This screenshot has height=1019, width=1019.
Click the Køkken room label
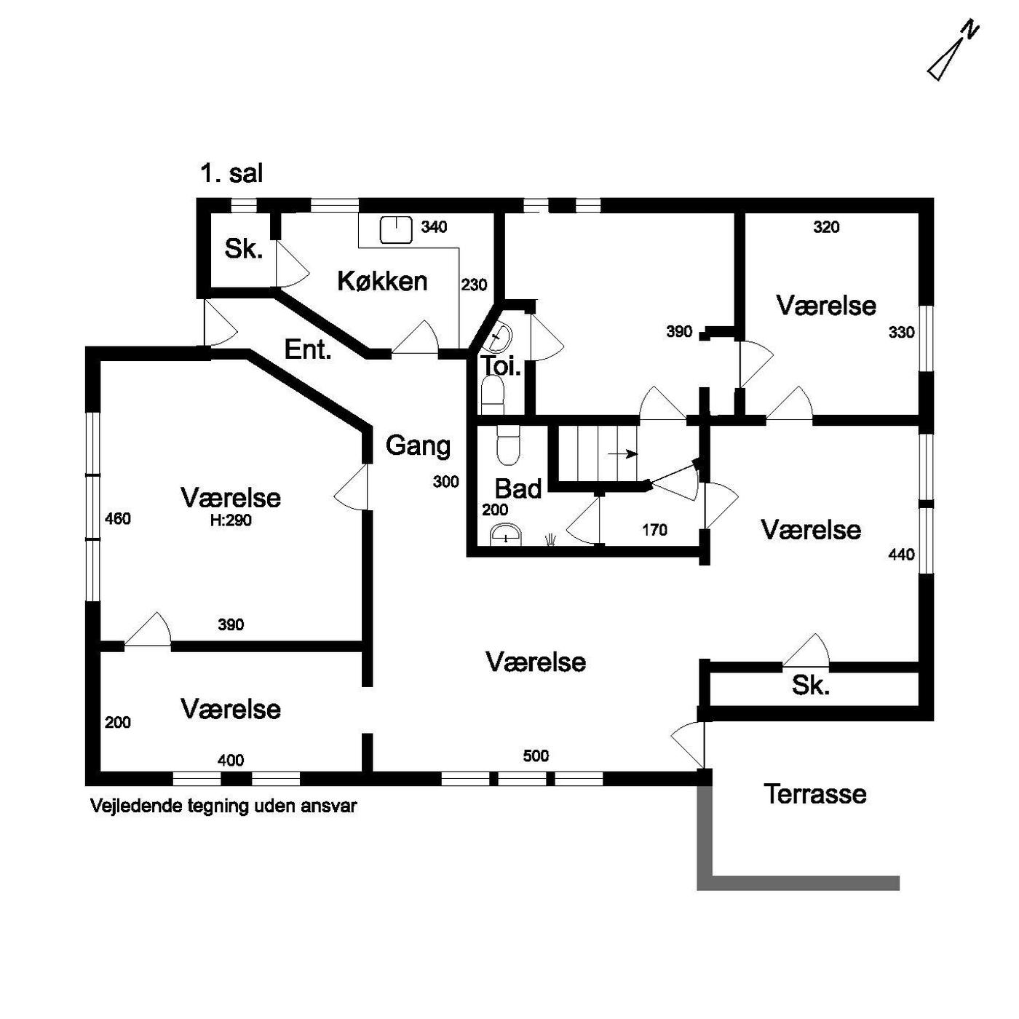tap(382, 281)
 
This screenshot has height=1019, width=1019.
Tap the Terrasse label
tap(815, 793)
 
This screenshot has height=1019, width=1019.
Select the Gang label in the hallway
tap(418, 445)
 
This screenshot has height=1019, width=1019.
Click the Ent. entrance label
tap(308, 350)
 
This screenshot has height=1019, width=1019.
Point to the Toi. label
tap(501, 366)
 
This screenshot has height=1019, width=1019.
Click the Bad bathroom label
tap(518, 488)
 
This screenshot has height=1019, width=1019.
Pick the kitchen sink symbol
tap(396, 229)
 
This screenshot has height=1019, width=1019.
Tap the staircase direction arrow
tap(622, 454)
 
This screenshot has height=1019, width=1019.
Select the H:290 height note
tap(231, 520)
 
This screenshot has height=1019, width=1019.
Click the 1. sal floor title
tap(231, 174)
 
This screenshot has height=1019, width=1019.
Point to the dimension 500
tap(536, 756)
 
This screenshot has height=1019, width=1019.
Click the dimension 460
tap(118, 519)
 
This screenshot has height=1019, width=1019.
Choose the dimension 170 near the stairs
tap(654, 530)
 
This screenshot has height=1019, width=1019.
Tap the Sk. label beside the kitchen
tap(243, 250)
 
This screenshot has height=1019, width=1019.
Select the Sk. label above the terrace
tap(810, 686)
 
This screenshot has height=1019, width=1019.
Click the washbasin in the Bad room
tap(506, 536)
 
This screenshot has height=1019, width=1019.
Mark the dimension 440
tap(901, 555)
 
